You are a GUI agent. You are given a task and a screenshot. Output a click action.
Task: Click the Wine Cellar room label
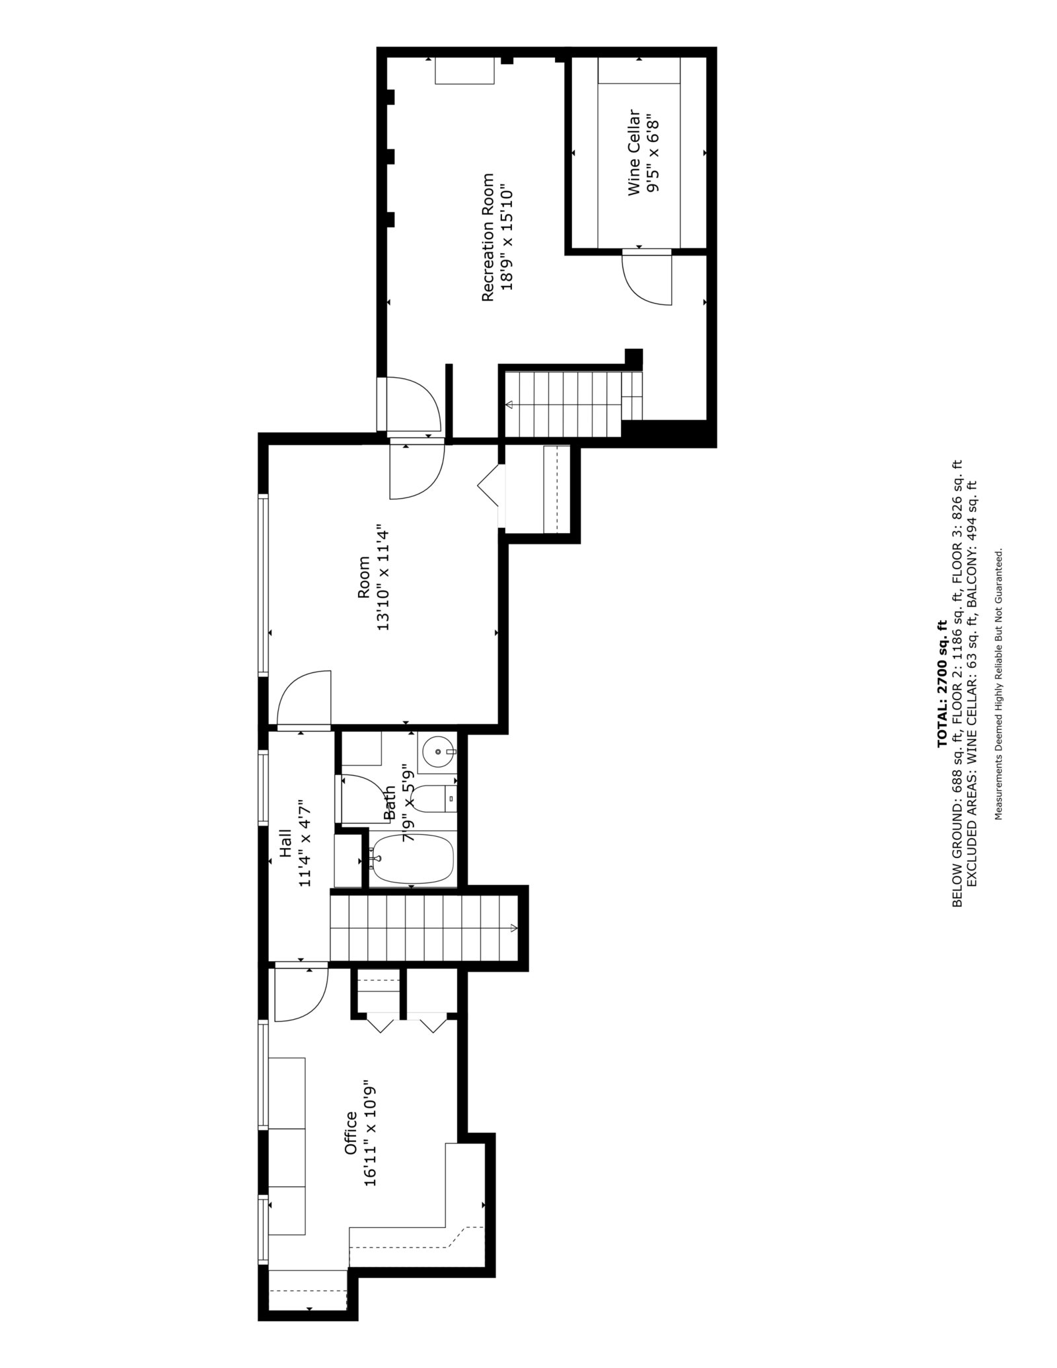[x=634, y=153]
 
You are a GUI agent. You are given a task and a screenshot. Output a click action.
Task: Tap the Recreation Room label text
[x=488, y=237]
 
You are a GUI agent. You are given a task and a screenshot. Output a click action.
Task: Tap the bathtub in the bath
[x=412, y=859]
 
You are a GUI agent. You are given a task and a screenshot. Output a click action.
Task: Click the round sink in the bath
[x=437, y=752]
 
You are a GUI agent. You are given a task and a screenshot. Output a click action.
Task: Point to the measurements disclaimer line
[x=999, y=684]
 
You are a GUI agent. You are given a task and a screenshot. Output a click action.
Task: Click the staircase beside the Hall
[x=423, y=927]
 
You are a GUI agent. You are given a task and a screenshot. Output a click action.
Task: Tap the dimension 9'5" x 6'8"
[x=653, y=153]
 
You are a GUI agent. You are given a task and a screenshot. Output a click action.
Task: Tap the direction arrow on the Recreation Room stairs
[x=510, y=404]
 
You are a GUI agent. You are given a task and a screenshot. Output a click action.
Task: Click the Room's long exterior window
[x=264, y=585]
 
